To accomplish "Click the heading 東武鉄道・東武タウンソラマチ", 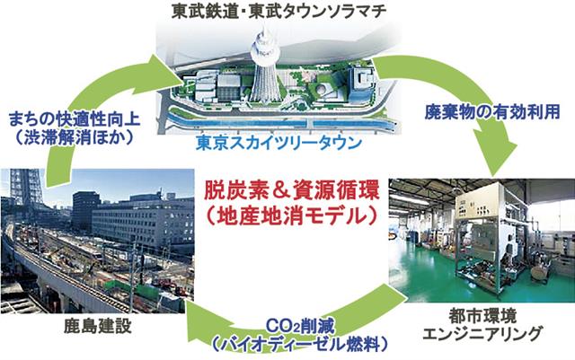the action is tap(279, 11).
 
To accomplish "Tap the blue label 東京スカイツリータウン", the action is tap(279, 144).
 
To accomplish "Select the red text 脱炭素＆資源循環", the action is tap(291, 192).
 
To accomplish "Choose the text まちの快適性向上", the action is tap(75, 119).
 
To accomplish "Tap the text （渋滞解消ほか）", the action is tap(75, 138).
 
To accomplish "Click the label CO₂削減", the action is tap(300, 327).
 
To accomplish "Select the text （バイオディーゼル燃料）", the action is tap(300, 345).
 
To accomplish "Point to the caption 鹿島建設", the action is tap(98, 326).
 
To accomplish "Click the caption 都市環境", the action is tap(482, 316).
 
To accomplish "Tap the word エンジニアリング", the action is tap(482, 334).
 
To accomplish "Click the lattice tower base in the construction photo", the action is tap(26, 187).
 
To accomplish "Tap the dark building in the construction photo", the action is tap(86, 210).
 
